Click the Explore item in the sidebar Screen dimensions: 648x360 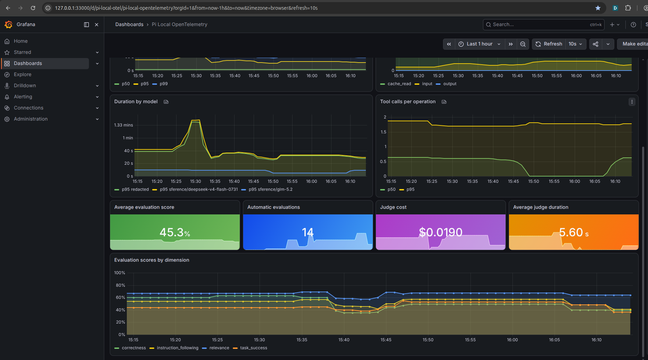click(23, 74)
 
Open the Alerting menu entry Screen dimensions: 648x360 click(23, 97)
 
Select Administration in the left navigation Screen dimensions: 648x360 click(31, 119)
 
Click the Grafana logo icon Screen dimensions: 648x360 click(8, 24)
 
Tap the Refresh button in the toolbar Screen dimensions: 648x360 click(549, 44)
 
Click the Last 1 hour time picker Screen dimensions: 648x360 click(479, 44)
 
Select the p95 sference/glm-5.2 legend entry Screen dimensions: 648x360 click(267, 189)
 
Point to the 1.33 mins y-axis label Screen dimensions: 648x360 click(123, 125)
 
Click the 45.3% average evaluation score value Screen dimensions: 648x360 click(175, 232)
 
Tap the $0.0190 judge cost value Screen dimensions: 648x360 click(441, 232)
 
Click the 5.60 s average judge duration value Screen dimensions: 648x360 click(574, 232)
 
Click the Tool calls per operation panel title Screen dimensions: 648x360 click(408, 101)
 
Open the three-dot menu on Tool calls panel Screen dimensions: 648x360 click(632, 102)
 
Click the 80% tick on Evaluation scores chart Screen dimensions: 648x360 click(120, 285)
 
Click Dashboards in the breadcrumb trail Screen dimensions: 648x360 click(129, 24)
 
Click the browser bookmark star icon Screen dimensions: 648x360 click(598, 8)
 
